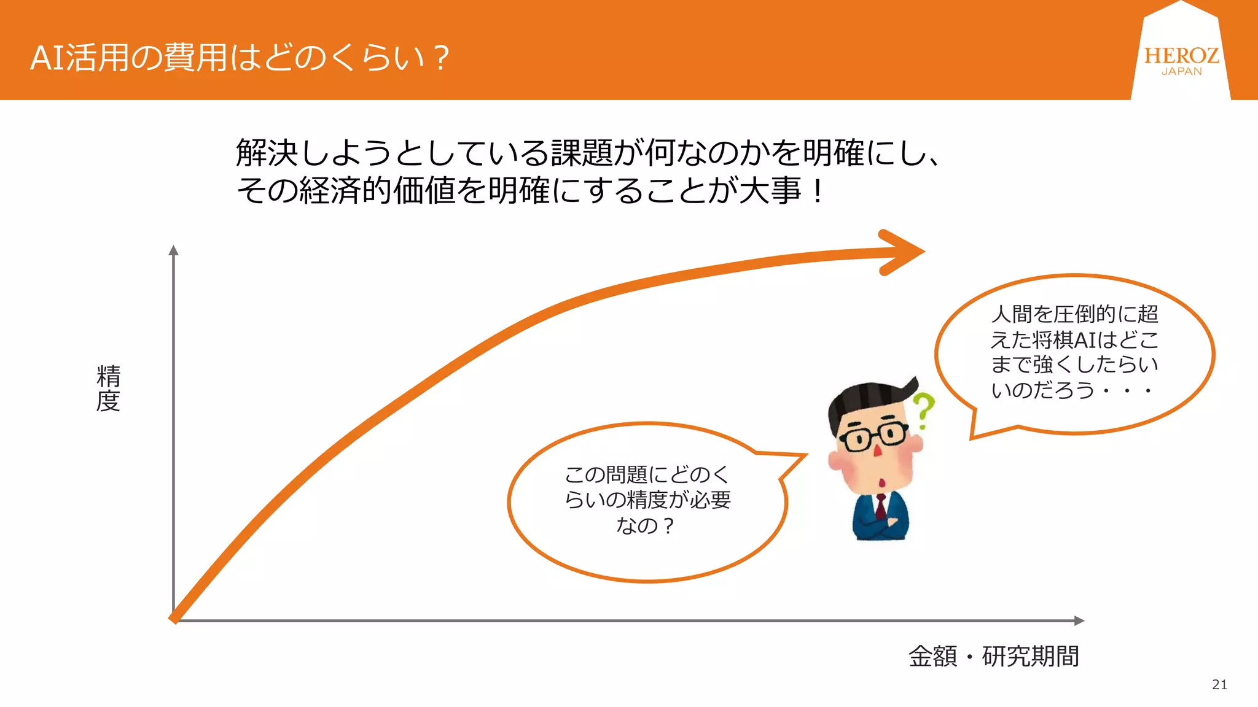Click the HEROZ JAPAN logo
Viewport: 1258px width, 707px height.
coord(1181,60)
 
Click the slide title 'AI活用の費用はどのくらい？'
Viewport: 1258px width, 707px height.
coord(240,58)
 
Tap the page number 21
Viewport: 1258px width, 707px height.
coord(1219,684)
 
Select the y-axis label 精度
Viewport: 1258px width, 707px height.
coord(108,388)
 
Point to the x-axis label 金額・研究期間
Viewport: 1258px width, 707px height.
coord(993,656)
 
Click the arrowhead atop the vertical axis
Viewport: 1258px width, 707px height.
coord(174,250)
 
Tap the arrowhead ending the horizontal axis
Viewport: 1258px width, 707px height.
coord(1079,620)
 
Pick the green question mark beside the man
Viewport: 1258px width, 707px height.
coord(923,410)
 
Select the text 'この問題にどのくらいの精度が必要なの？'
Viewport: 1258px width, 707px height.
coord(647,500)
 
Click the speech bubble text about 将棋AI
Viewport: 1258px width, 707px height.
coord(1074,352)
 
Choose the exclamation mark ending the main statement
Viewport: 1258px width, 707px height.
coord(817,191)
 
